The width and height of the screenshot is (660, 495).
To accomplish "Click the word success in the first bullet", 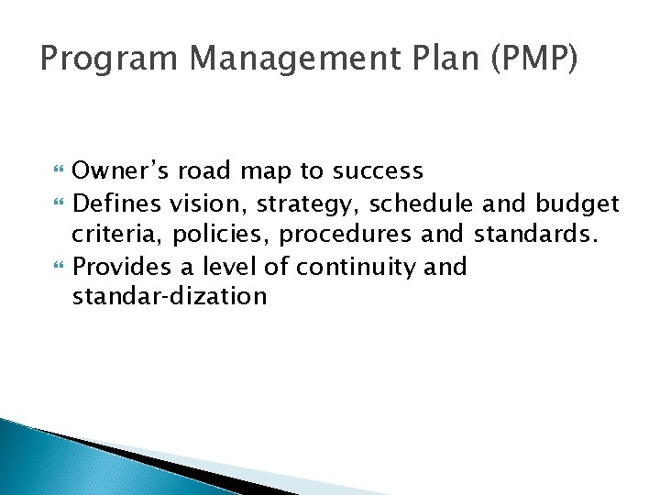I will point(375,170).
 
